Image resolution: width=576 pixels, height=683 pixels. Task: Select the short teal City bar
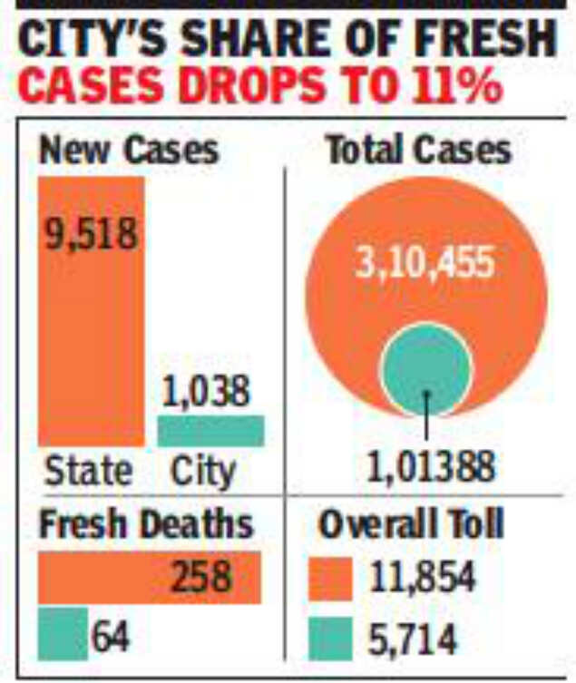tap(210, 431)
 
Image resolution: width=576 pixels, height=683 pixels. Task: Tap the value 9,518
tap(91, 234)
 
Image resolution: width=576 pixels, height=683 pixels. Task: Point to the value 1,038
tap(206, 393)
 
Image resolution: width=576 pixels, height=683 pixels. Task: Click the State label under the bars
tap(88, 471)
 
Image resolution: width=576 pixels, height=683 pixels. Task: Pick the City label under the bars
tap(203, 471)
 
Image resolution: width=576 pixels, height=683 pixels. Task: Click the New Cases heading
tap(128, 150)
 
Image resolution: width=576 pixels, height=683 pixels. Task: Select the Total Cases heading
tap(418, 150)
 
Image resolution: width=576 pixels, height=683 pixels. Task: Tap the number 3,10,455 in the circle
tap(425, 264)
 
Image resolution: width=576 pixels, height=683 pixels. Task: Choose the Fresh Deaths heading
tap(145, 525)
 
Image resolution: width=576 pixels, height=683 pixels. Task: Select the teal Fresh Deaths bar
tap(62, 632)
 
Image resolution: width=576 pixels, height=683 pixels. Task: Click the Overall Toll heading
tap(411, 525)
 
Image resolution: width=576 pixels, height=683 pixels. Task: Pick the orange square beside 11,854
tap(330, 579)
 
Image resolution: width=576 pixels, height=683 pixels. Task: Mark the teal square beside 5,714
tap(330, 639)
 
